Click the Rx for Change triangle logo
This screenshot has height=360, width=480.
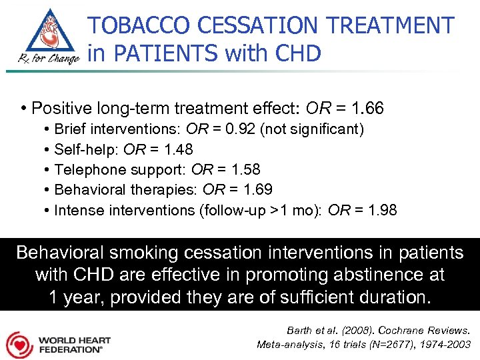coord(45,37)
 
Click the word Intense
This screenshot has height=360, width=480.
coord(77,211)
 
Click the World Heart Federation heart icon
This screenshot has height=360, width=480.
coord(20,345)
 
